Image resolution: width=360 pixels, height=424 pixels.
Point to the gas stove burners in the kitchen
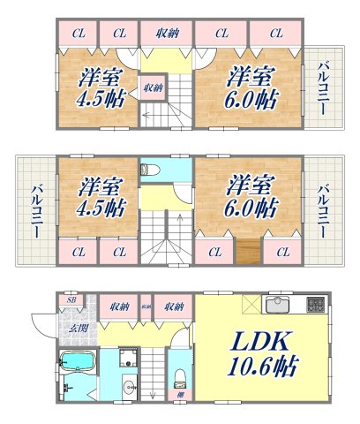[316, 306]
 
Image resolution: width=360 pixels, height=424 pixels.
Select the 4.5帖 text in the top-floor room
[93, 98]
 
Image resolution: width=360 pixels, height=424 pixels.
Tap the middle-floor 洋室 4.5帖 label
[94, 199]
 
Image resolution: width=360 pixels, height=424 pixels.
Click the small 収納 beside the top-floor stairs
[154, 87]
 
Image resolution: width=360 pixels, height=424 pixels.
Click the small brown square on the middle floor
[247, 252]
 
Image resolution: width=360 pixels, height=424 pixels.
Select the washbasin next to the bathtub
[129, 384]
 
